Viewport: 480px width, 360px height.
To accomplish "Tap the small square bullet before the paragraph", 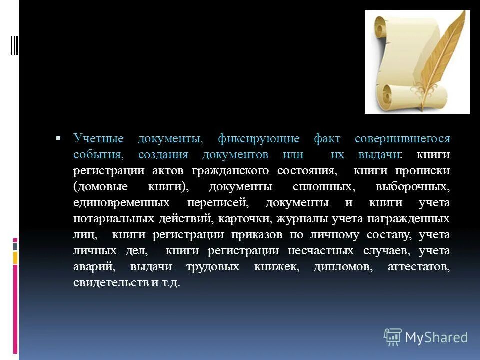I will point(58,137).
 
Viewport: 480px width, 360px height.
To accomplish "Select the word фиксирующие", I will point(259,139).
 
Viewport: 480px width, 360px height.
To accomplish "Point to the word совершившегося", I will point(402,139).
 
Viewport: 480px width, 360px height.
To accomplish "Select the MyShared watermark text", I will point(436,337).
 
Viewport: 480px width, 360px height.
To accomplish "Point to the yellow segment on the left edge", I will point(15,257).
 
